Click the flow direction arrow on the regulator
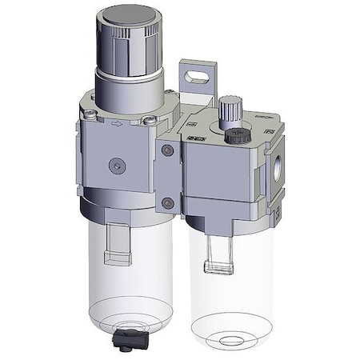pos(118,124)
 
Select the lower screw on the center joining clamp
pos(166,202)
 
